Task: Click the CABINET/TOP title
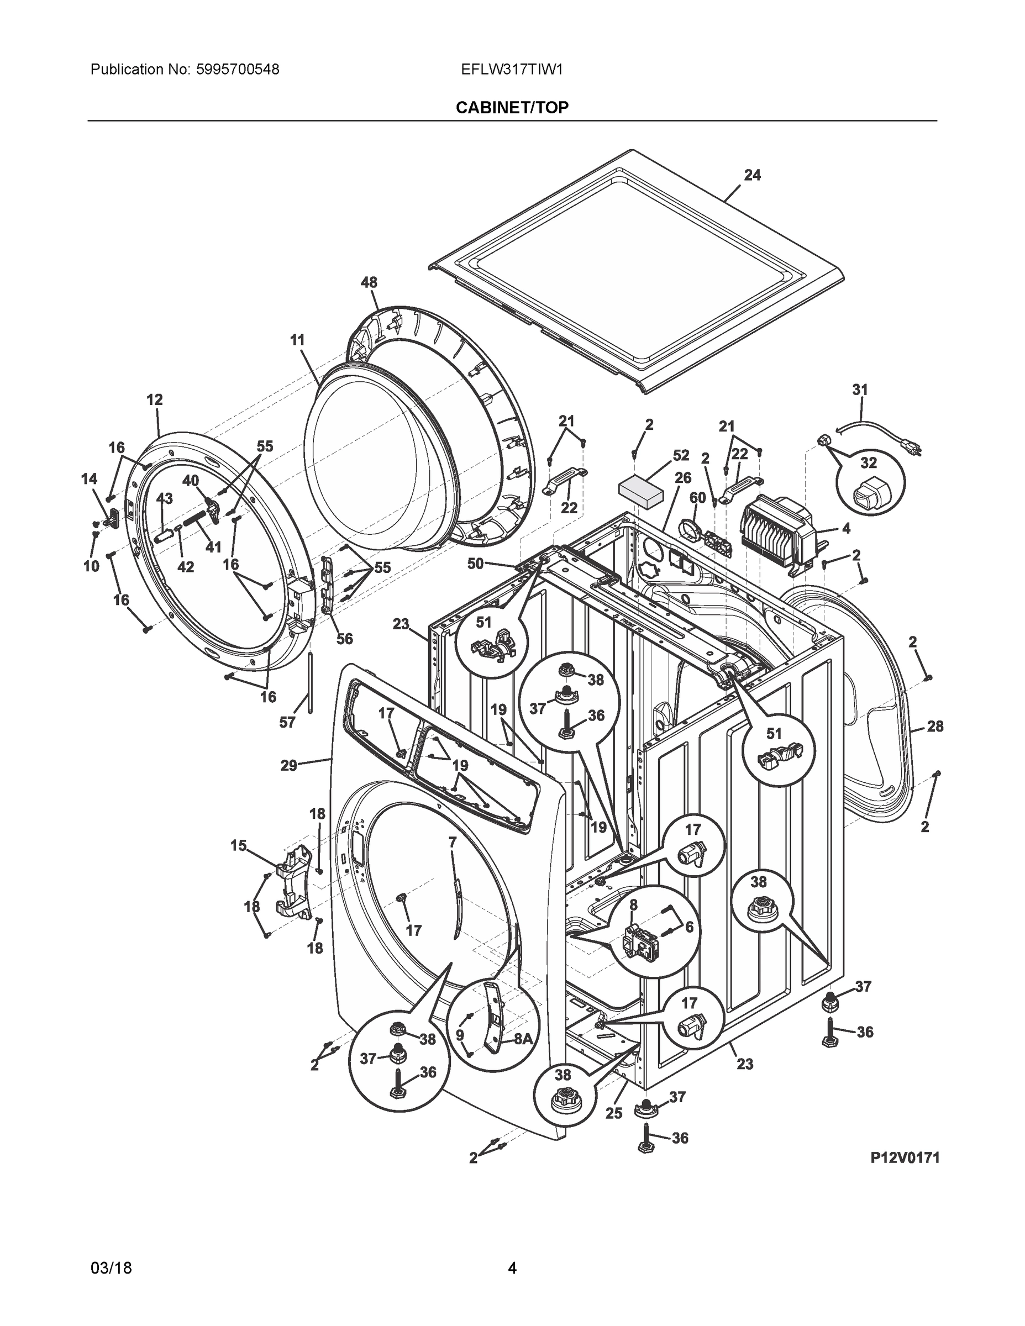click(512, 108)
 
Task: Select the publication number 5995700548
click(238, 70)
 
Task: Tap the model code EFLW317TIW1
click(512, 70)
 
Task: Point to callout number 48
click(369, 282)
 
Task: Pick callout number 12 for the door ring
click(154, 399)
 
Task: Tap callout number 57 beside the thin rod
click(287, 722)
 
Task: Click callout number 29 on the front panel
click(288, 766)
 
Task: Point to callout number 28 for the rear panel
click(934, 725)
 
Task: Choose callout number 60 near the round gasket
click(697, 498)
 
